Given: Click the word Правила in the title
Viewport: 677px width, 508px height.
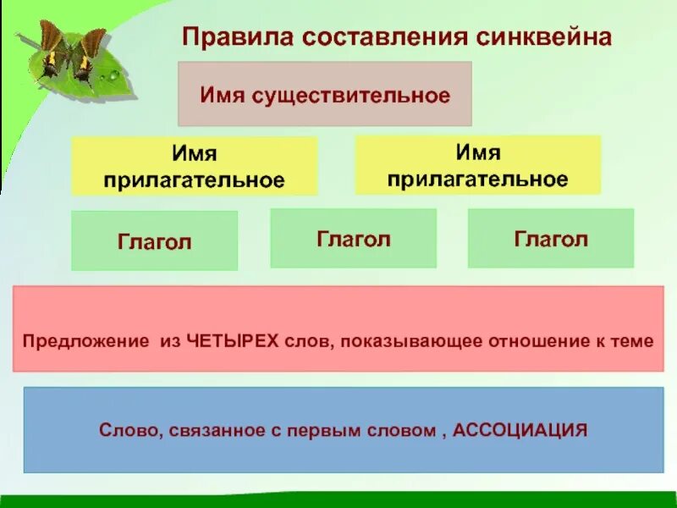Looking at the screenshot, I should (x=223, y=37).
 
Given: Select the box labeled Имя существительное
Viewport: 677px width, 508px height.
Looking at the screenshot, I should (x=324, y=94).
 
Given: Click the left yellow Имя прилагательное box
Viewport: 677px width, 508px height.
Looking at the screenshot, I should (x=194, y=167).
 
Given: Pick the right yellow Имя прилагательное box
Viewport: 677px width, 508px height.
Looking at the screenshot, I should (x=477, y=165).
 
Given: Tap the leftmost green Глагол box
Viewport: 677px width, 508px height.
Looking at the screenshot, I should (x=154, y=241).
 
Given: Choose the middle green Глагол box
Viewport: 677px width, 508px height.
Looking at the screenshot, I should (x=353, y=239).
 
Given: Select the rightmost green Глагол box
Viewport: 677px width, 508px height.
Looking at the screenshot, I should (x=550, y=239).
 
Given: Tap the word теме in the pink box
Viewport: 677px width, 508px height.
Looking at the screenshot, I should (x=633, y=342).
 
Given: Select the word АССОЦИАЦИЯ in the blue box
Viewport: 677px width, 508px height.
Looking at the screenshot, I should (x=520, y=430).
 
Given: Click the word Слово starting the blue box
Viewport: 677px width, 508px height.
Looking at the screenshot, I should (x=123, y=430).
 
